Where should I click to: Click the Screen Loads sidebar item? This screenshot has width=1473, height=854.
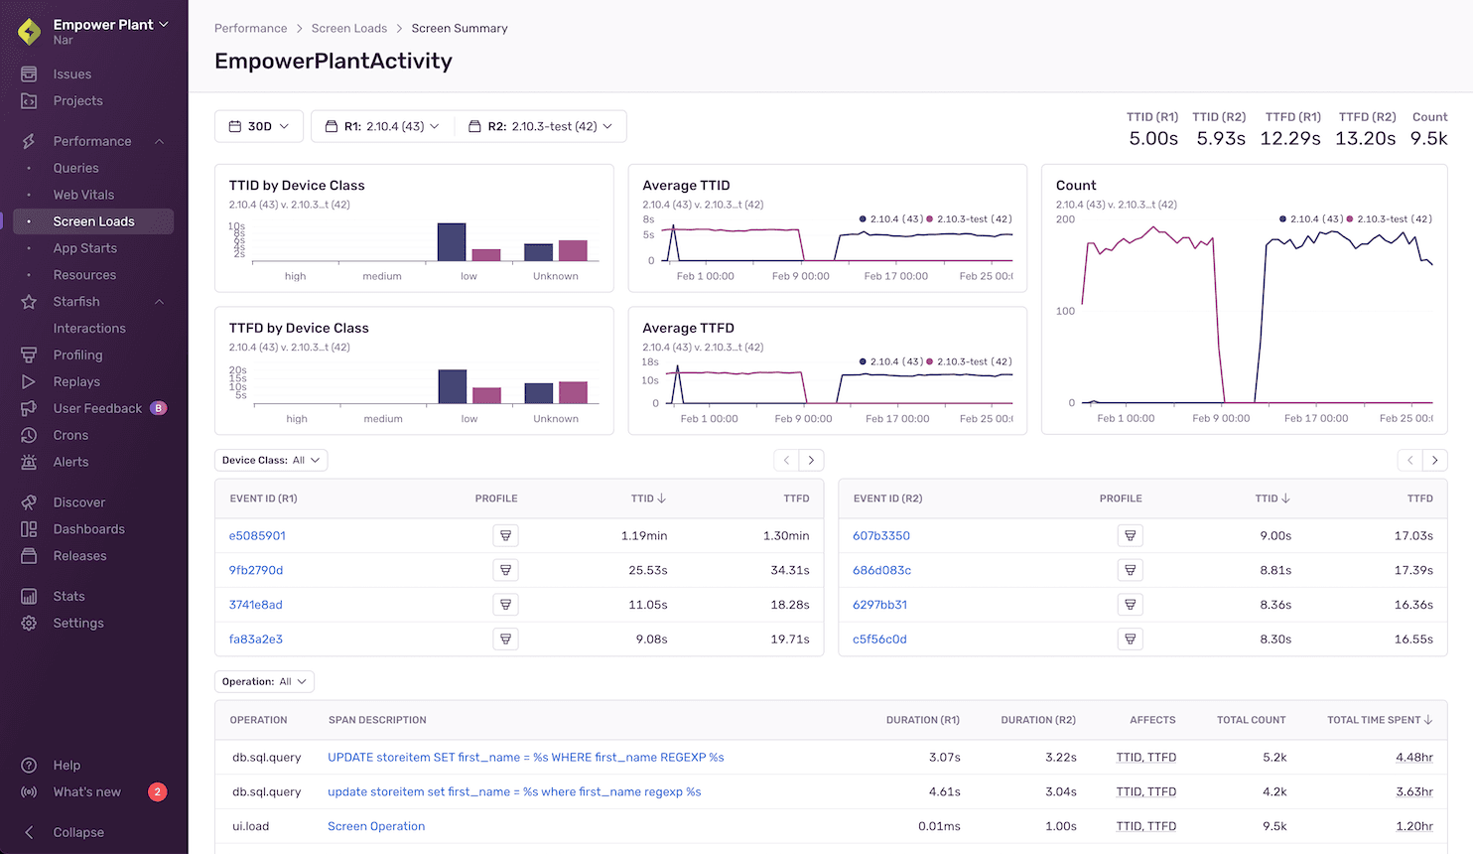coord(93,221)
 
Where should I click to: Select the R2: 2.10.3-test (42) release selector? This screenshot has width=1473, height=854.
coord(541,126)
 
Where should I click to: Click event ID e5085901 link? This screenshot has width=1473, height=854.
coord(257,535)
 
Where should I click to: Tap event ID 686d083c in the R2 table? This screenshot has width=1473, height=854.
coord(881,570)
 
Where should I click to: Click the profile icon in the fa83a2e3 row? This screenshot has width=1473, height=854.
coord(505,639)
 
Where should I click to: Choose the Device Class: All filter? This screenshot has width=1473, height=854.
coord(271,460)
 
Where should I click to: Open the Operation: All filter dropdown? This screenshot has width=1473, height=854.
coord(264,681)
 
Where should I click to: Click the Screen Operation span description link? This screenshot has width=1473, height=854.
coord(376,826)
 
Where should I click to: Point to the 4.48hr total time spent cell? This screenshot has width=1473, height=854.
coord(1413,757)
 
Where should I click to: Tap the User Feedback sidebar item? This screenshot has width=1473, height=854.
coord(97,408)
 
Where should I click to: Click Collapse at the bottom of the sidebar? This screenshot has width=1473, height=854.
coord(77,832)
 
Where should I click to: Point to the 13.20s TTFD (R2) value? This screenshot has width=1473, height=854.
coord(1365,138)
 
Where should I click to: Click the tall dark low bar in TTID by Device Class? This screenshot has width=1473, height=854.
coord(452,242)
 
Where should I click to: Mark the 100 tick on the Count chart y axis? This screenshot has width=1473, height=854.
coord(1065,311)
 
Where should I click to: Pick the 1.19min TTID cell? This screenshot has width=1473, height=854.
coord(643,535)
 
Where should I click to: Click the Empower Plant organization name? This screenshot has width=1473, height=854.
coord(103,24)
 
